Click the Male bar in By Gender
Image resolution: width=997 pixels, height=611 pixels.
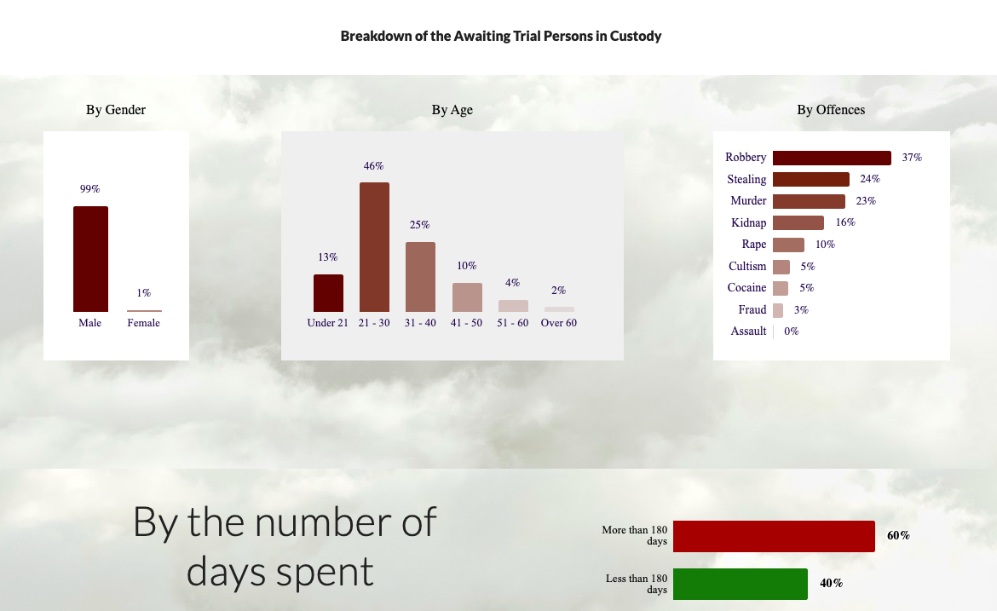coord(90,259)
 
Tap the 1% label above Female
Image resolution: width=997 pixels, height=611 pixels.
coord(144,293)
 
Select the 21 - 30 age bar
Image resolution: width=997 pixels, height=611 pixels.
coord(374,246)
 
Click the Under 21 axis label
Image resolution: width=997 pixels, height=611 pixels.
coord(327,323)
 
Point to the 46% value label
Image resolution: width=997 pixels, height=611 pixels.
coord(374,166)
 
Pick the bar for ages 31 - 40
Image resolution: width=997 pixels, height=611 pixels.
coord(420,277)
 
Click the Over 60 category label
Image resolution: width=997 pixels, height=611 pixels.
coord(559,323)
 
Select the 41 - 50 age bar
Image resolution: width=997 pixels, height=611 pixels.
coord(467,297)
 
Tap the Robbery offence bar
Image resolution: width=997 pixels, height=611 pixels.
coord(832,158)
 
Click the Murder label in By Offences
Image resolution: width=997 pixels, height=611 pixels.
coord(748,201)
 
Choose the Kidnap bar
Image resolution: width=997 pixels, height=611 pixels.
coord(798,222)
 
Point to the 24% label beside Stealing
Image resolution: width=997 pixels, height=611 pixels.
coord(870,179)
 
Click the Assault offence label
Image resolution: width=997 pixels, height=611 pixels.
coord(748,331)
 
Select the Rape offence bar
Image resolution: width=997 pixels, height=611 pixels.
coord(788,245)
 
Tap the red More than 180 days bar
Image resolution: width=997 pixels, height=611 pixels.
coord(774,536)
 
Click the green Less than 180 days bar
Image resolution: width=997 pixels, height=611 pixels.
coord(741,584)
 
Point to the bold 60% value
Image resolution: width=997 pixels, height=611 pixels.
coord(898,536)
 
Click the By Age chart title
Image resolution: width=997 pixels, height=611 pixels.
coord(452,110)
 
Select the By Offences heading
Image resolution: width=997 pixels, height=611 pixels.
coord(831,110)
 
